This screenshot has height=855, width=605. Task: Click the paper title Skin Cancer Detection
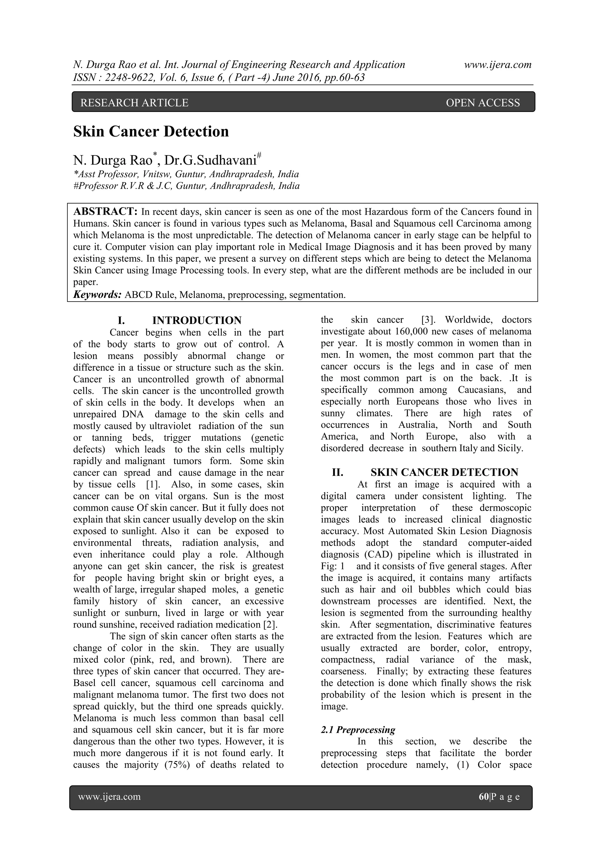[x=151, y=132]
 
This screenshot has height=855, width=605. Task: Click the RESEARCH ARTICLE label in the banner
[x=134, y=103]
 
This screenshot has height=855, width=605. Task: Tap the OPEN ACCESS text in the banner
[x=482, y=103]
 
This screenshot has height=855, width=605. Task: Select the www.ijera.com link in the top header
[x=497, y=65]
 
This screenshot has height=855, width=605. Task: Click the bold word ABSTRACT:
[x=105, y=212]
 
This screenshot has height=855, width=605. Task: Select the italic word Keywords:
[x=97, y=295]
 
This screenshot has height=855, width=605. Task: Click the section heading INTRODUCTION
[x=197, y=320]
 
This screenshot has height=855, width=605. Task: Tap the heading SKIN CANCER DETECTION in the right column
[x=444, y=473]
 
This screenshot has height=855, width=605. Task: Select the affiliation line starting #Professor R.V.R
[x=186, y=186]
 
